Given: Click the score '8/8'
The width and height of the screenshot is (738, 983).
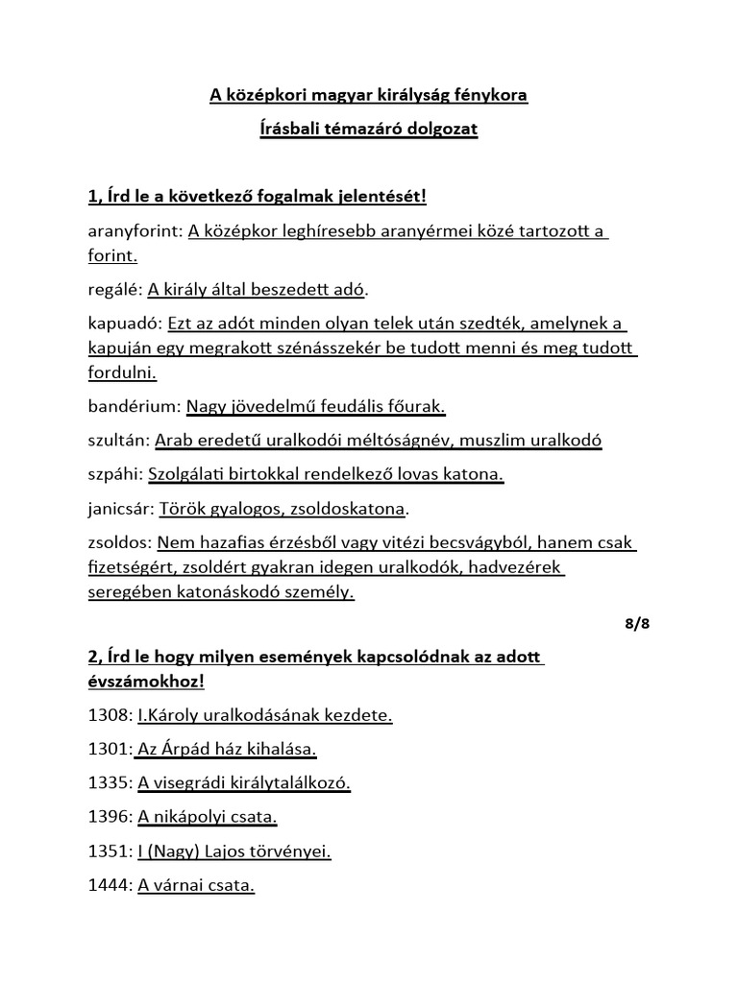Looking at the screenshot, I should [x=636, y=624].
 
